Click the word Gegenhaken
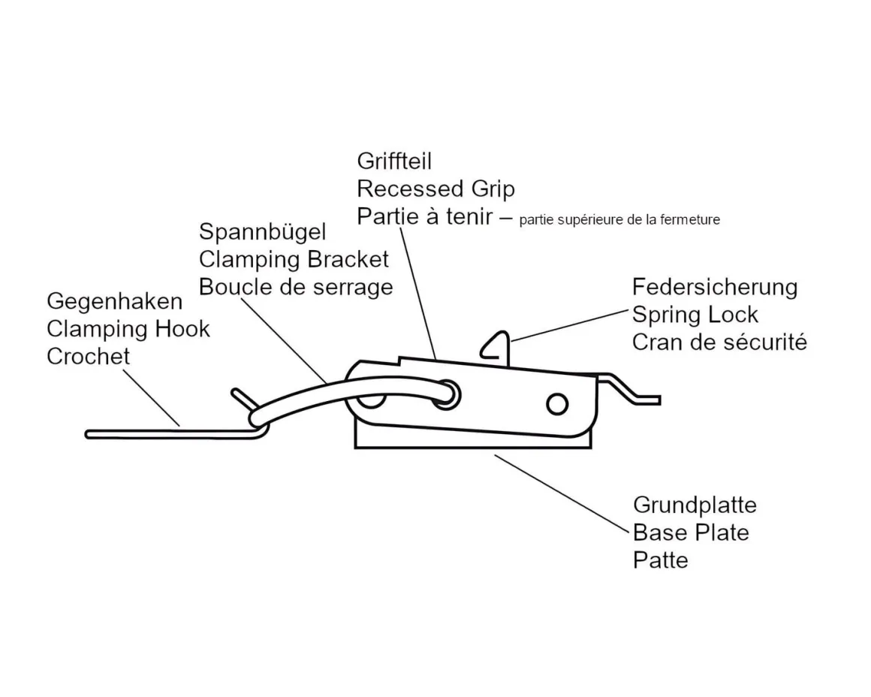[x=114, y=301]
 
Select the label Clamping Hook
[x=128, y=329]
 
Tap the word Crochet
[x=88, y=356]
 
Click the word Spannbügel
[x=263, y=232]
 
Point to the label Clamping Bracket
[x=294, y=259]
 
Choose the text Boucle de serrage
[x=296, y=287]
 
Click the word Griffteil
[x=394, y=161]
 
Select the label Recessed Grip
[x=435, y=189]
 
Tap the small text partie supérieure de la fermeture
[x=619, y=220]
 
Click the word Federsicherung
[x=714, y=287]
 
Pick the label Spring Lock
[x=695, y=315]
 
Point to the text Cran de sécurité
[x=719, y=342]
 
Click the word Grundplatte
[x=694, y=505]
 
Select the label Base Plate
[x=691, y=533]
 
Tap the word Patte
[x=660, y=560]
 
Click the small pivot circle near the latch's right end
[x=556, y=404]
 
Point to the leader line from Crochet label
[x=150, y=398]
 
